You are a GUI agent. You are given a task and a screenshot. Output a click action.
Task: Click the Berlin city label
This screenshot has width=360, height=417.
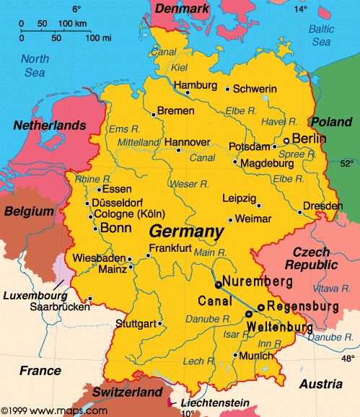(309, 139)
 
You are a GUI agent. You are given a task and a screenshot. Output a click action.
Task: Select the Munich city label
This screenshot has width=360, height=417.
(258, 355)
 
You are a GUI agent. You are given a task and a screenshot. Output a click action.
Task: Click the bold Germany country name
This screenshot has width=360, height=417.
(185, 232)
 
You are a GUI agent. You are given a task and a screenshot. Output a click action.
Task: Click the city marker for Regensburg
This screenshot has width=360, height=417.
(260, 307)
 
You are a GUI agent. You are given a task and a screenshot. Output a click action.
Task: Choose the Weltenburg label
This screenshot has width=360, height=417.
(281, 328)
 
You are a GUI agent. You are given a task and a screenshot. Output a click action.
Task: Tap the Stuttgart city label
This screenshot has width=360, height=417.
(136, 323)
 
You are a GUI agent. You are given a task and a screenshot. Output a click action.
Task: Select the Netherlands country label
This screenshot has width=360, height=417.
(50, 126)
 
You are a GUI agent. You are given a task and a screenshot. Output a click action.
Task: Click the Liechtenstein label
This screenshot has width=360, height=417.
(214, 402)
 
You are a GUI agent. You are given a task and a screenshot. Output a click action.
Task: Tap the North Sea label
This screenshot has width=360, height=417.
(33, 65)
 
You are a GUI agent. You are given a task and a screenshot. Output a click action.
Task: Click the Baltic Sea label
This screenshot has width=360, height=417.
(322, 35)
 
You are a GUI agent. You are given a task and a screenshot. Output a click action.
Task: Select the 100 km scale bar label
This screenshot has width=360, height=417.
(71, 24)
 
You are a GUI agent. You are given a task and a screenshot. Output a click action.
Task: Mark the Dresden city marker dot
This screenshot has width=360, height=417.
(300, 212)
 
